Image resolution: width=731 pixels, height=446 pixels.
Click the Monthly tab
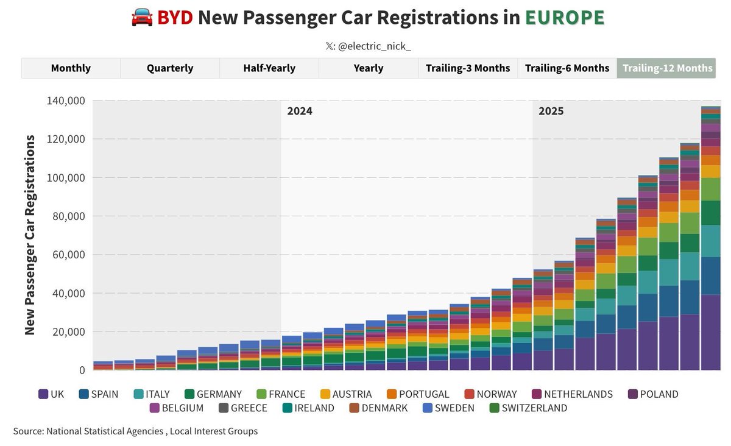[71, 68]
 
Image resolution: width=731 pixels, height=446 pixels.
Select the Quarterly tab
[170, 68]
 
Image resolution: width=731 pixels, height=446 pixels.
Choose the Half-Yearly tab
[269, 68]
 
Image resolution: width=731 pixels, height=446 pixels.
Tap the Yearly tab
[369, 68]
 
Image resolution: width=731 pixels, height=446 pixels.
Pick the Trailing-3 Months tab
[468, 68]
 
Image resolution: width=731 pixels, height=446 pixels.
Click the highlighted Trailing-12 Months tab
[667, 68]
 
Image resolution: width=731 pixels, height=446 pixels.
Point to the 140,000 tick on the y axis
[66, 101]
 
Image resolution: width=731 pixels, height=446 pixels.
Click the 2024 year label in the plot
[300, 111]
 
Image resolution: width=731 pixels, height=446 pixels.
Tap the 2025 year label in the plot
[551, 111]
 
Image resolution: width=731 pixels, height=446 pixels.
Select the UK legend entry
[51, 394]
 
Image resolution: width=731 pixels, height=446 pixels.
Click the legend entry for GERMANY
[213, 394]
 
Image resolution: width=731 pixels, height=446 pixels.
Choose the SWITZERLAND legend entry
[528, 408]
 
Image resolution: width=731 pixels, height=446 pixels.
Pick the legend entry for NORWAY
[491, 394]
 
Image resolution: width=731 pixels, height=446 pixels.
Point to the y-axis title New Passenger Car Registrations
[29, 235]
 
